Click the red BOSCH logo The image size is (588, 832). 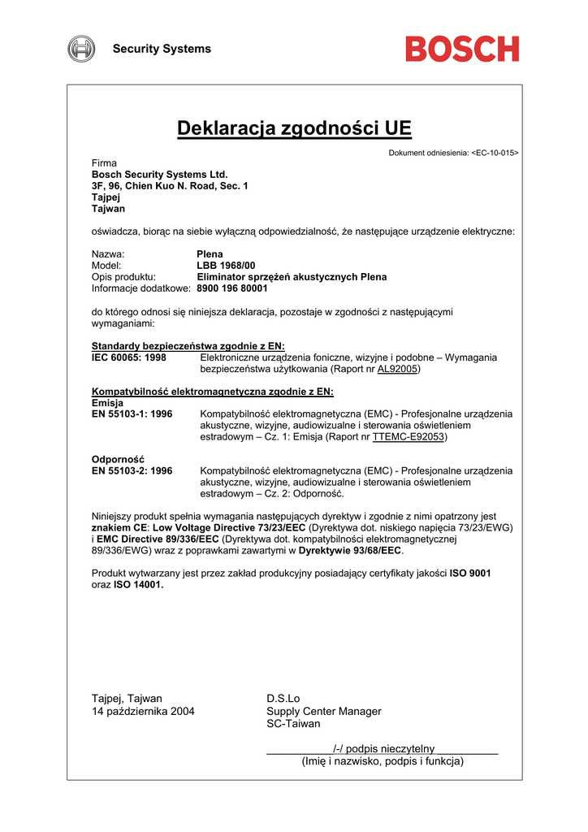(x=462, y=49)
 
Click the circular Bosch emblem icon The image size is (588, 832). (x=81, y=49)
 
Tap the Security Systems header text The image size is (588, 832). (x=162, y=49)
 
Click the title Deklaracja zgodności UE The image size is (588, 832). (x=294, y=128)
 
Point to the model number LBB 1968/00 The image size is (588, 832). (x=226, y=266)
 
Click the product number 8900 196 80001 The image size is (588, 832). (x=232, y=288)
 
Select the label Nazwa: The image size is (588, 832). (x=107, y=254)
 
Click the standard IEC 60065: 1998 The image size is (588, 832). (x=129, y=357)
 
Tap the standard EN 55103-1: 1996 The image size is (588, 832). (x=132, y=414)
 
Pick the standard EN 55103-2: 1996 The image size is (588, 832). (x=132, y=470)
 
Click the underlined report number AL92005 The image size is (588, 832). (x=398, y=368)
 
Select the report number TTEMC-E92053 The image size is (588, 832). (x=409, y=436)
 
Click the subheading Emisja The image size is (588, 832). (x=107, y=402)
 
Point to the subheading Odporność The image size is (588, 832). (x=118, y=459)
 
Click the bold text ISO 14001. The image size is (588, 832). (x=138, y=584)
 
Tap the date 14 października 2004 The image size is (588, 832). (x=143, y=711)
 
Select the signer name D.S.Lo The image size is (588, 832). (x=283, y=698)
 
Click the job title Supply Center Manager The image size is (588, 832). (x=323, y=711)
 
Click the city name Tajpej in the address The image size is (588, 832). (x=106, y=197)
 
